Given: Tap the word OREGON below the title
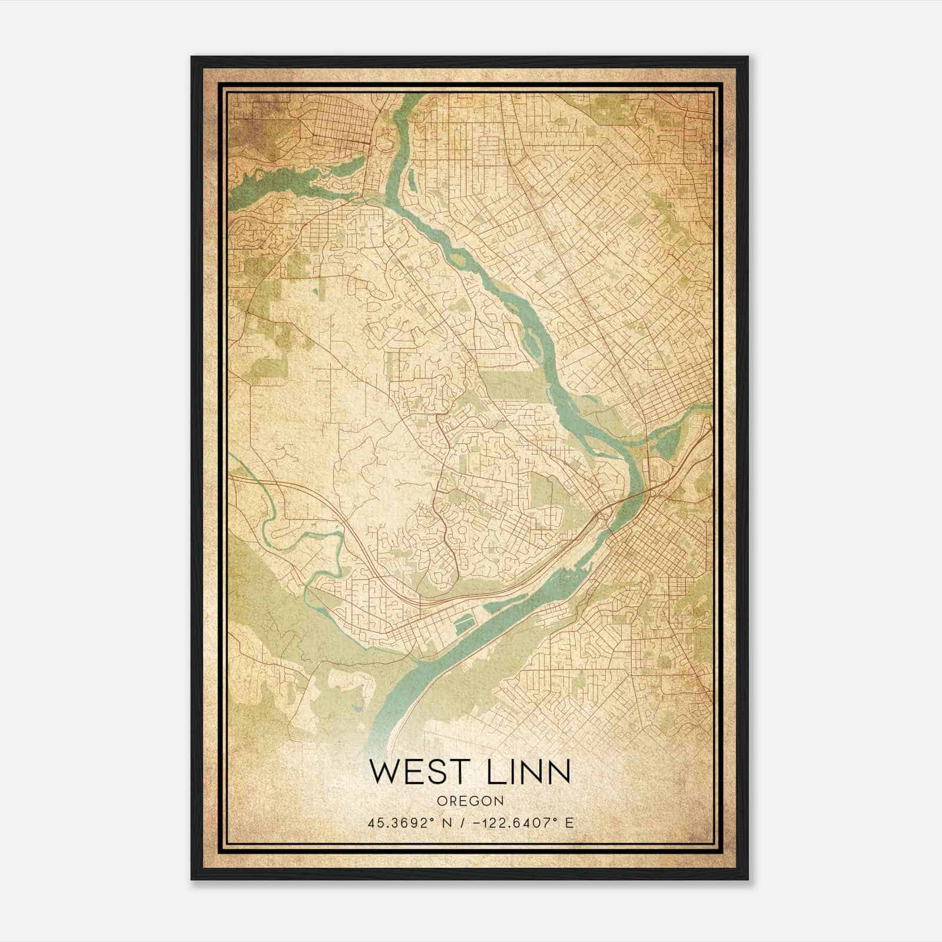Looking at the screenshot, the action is click(x=470, y=801).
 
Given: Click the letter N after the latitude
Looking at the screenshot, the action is click(x=452, y=823).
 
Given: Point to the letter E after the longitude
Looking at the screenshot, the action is click(x=569, y=823).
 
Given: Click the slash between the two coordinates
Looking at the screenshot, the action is click(x=465, y=823).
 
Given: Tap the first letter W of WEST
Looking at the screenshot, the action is click(x=384, y=771).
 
